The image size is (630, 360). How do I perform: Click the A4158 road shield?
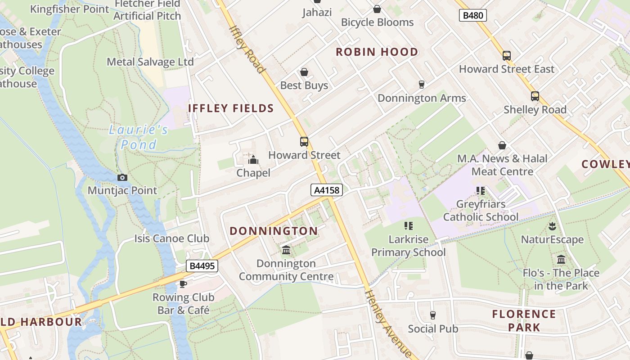327,190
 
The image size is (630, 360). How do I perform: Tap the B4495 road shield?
202,266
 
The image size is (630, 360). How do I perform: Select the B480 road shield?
473,16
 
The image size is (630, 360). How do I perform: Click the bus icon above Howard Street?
304,142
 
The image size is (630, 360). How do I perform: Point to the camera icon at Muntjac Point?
122,177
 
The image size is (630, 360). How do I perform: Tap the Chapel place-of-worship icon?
253,160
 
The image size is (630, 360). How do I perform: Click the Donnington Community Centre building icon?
286,250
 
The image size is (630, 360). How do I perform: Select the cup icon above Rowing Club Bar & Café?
183,284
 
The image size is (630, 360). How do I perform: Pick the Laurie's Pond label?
139,137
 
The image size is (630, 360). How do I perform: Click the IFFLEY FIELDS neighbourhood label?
231,108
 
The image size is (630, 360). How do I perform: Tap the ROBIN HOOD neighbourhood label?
377,52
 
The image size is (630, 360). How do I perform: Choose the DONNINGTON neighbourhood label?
274,231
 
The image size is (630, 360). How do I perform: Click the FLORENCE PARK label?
524,320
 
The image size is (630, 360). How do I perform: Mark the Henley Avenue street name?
387,323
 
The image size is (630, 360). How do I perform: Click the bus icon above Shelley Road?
535,96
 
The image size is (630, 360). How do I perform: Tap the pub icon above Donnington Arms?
422,85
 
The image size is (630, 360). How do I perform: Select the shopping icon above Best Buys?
304,72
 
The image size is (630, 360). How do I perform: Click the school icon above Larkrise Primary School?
408,226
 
